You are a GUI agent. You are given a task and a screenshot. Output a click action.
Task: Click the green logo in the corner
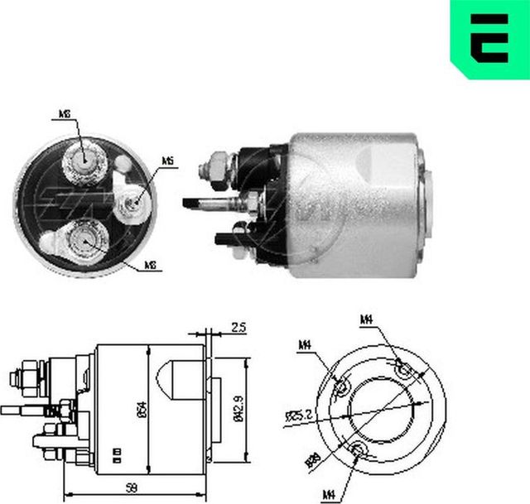click(489, 39)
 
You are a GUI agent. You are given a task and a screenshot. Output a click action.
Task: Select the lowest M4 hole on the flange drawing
click(359, 449)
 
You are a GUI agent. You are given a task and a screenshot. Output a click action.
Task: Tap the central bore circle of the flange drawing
click(382, 409)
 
